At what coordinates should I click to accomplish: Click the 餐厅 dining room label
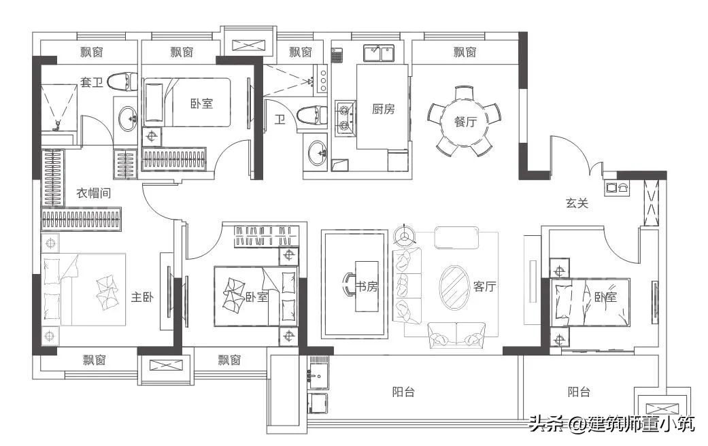[x=466, y=122]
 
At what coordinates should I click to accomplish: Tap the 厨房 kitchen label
[x=383, y=109]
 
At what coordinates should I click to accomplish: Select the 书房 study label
[x=367, y=286]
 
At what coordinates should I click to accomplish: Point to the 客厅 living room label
[x=486, y=286]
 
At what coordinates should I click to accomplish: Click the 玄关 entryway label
[x=577, y=203]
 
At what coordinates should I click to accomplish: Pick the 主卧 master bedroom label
[x=141, y=297]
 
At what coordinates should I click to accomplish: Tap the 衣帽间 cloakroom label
[x=94, y=193]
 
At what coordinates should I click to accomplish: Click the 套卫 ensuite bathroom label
[x=92, y=83]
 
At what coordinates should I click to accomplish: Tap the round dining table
[x=465, y=121]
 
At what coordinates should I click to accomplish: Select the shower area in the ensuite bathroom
[x=58, y=107]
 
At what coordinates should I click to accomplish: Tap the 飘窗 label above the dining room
[x=465, y=52]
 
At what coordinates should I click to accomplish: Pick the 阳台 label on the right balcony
[x=579, y=392]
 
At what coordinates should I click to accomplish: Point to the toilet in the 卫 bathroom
[x=309, y=116]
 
